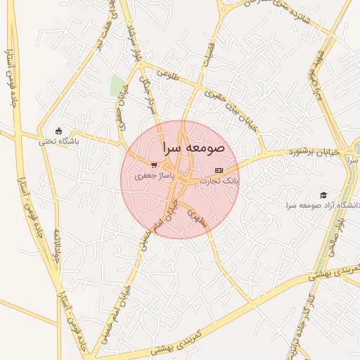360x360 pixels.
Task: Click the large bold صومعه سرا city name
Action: [192, 148]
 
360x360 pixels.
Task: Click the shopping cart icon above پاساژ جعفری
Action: [154, 165]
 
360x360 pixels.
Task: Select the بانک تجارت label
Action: [219, 181]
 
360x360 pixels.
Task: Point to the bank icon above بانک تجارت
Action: [219, 171]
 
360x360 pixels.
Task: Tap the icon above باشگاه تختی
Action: [58, 131]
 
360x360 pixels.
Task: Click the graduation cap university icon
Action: [323, 195]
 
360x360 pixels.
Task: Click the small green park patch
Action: [117, 85]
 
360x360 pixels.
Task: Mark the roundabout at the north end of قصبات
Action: [222, 9]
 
